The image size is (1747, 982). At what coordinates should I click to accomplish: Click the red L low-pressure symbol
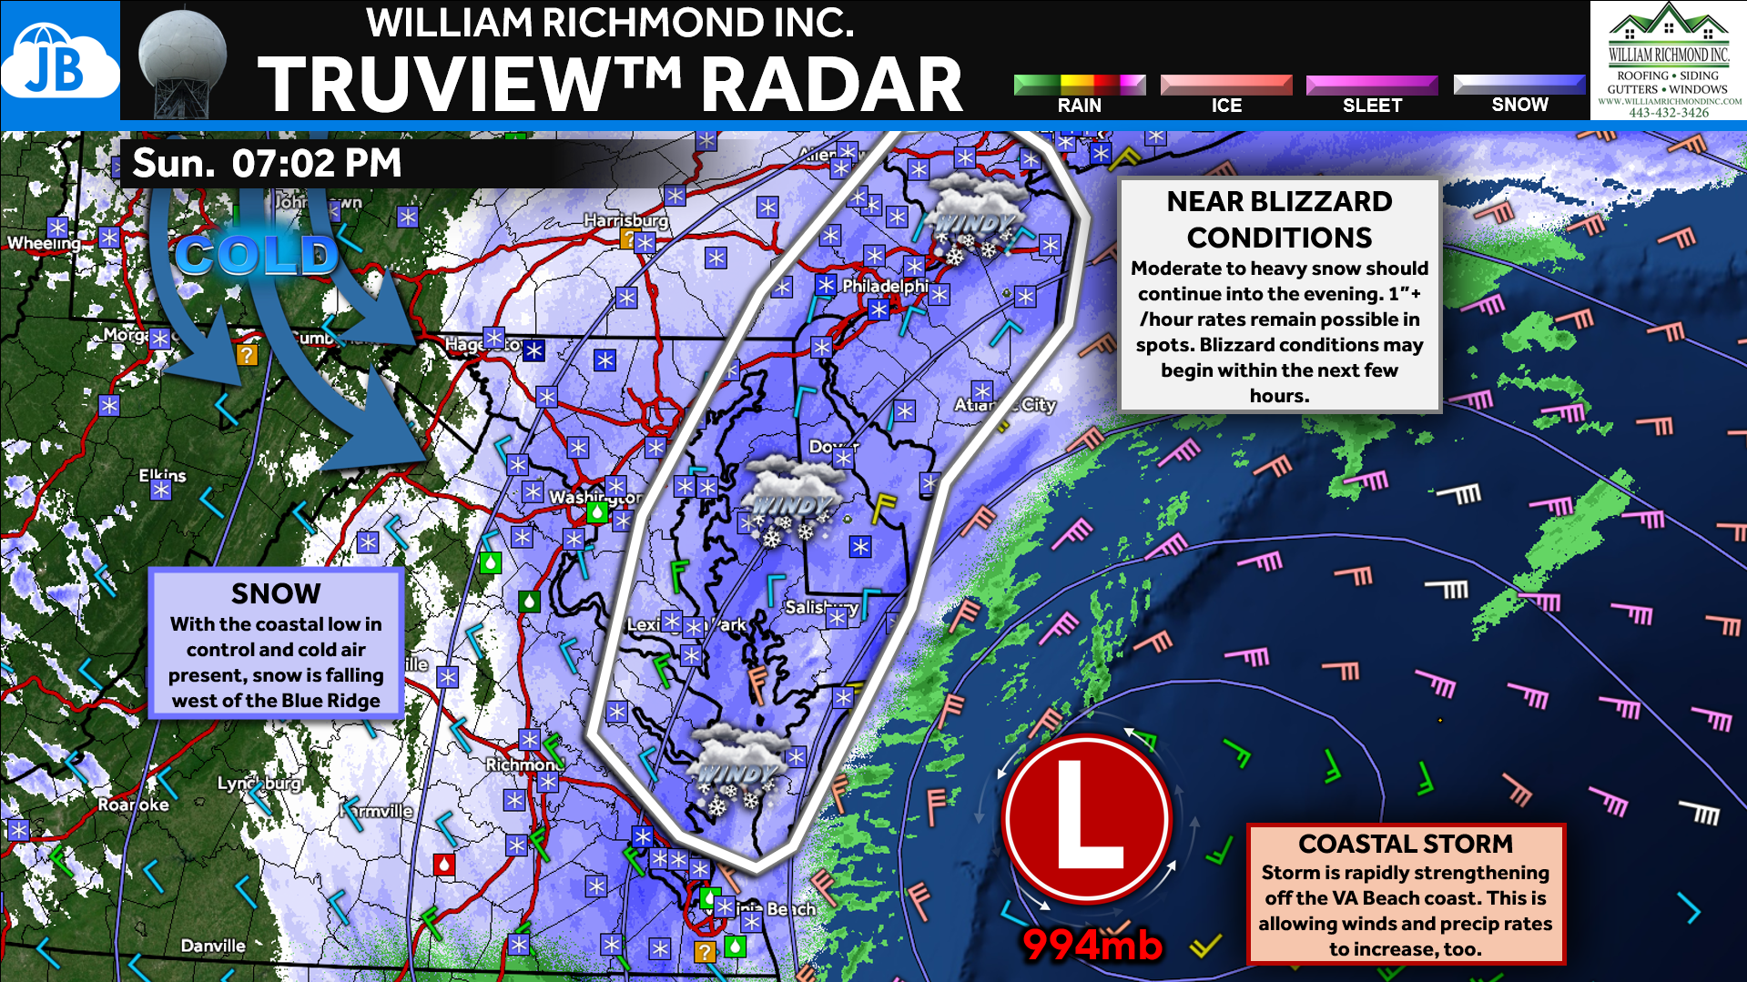tap(1087, 819)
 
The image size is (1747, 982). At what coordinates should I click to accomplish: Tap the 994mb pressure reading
tap(1092, 945)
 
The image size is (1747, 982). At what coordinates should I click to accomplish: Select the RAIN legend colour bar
tap(1079, 85)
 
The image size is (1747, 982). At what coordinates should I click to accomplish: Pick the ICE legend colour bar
tap(1225, 85)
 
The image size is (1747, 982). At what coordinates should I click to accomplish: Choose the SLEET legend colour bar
tap(1372, 85)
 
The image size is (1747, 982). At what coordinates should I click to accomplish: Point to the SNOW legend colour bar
tap(1518, 84)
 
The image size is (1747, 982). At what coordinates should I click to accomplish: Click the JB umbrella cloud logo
tap(59, 62)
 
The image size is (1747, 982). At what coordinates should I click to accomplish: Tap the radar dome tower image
tap(182, 62)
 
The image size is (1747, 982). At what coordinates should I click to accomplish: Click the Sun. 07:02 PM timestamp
tap(267, 164)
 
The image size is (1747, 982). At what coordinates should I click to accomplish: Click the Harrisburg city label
tap(625, 220)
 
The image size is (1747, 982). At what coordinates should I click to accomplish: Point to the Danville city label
tap(213, 946)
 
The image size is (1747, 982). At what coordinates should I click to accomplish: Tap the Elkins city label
tap(162, 475)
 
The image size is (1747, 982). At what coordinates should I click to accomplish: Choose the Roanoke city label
tap(134, 805)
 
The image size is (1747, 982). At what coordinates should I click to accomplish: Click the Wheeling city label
tap(44, 243)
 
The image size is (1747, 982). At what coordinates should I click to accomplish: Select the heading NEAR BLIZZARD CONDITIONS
tap(1279, 218)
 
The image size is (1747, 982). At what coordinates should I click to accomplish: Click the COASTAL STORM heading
tap(1405, 844)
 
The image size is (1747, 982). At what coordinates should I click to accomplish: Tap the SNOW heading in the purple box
tap(276, 593)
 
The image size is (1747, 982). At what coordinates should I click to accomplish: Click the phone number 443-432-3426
tap(1668, 113)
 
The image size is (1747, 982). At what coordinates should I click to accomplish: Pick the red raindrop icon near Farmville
tap(444, 863)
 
